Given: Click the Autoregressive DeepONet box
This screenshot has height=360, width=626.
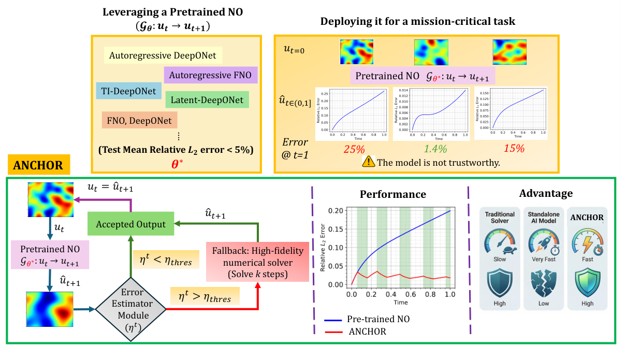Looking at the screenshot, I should pos(163,55).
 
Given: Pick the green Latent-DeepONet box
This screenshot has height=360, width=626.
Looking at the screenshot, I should pos(208,99).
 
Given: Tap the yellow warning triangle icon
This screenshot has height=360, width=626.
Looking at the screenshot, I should pos(369,162).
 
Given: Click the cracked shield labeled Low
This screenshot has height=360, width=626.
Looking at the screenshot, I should pos(544,284).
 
